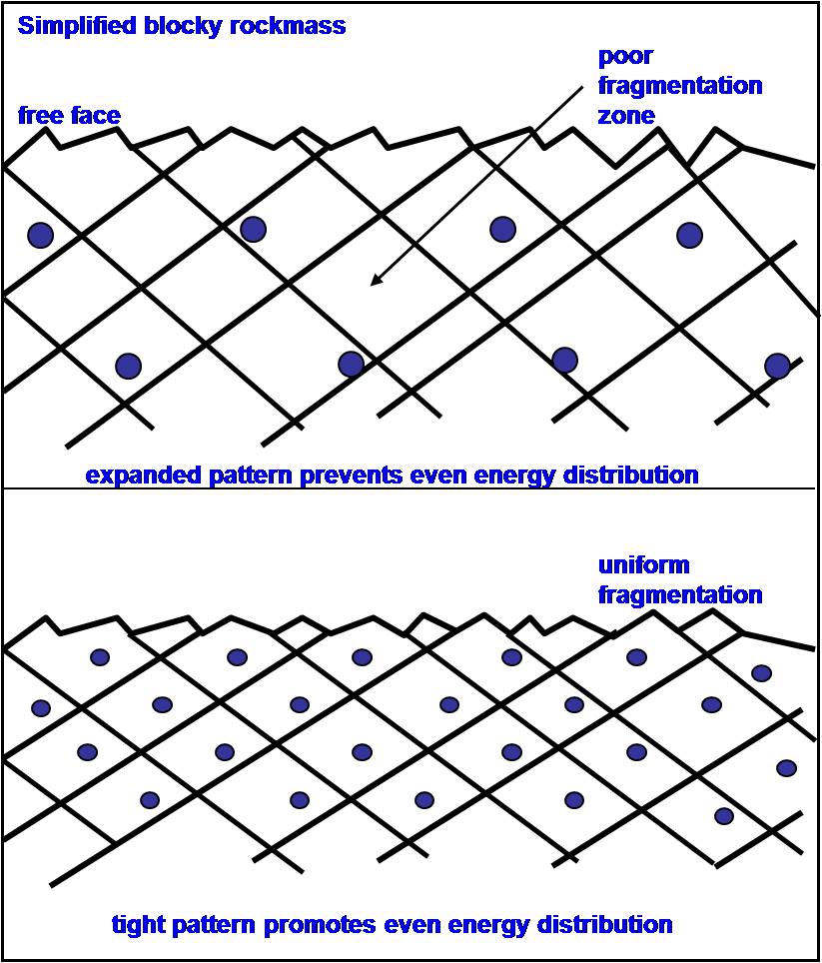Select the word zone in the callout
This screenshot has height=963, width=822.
626,115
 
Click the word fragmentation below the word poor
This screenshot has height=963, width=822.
680,86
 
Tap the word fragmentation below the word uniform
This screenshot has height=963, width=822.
680,595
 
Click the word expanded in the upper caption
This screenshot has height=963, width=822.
137,475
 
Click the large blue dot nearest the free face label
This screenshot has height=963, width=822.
40,235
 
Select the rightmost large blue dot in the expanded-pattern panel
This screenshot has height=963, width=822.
777,366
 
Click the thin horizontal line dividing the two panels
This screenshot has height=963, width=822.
411,488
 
